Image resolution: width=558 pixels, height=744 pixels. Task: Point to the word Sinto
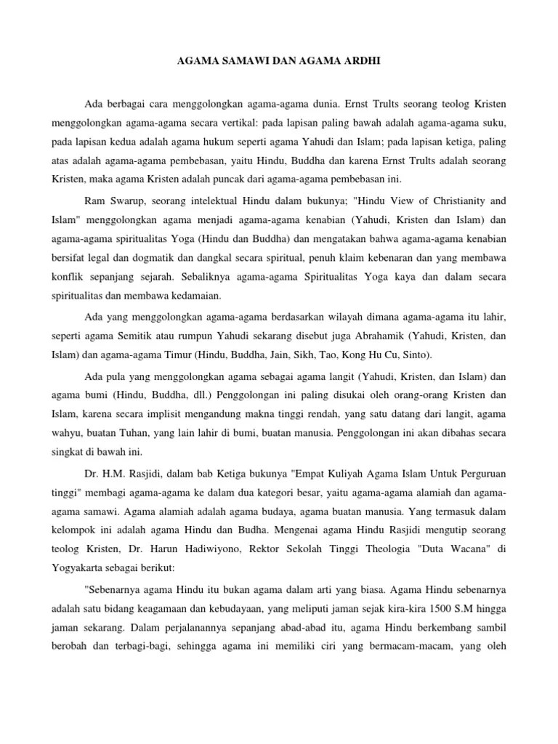[x=415, y=355]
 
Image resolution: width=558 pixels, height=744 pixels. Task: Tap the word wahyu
[x=68, y=434]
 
